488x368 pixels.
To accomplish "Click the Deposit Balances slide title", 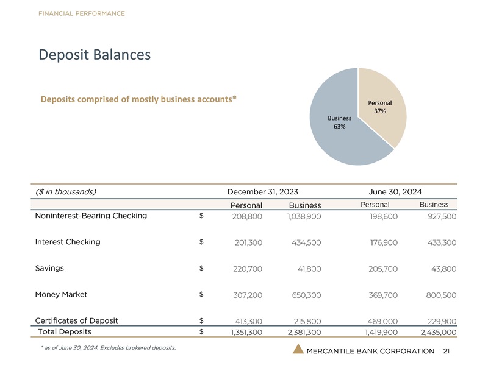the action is (95, 55).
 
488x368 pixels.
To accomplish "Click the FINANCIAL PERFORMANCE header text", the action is (82, 13).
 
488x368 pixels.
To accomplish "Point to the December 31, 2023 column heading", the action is (263, 192).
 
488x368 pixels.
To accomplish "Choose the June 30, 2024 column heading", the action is (395, 192).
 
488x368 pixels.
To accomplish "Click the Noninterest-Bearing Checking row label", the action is (91, 216).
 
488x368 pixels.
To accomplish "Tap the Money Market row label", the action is (61, 294).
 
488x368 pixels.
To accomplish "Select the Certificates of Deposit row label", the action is (77, 320).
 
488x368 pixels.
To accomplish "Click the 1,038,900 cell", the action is (304, 216).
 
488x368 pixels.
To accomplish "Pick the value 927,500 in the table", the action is (442, 216).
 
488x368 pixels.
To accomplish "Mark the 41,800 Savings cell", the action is (309, 269).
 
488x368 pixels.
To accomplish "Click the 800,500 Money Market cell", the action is (441, 295).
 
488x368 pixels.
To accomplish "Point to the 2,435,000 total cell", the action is (439, 332).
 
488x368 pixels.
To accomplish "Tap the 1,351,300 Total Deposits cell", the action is (246, 332).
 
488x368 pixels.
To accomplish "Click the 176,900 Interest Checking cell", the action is (384, 242).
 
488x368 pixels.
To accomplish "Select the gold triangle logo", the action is (298, 349).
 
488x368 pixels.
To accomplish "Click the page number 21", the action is (447, 351).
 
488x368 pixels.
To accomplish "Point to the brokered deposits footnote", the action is (109, 348).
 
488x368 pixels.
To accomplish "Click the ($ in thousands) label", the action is (66, 192).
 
